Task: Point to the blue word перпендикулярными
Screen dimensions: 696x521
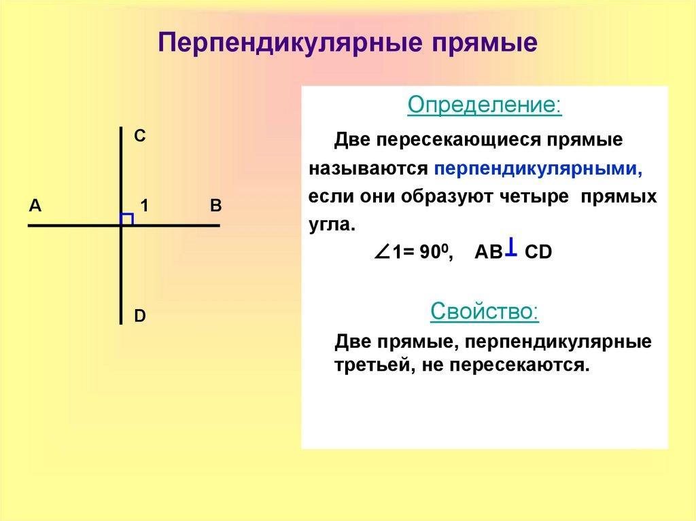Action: click(538, 170)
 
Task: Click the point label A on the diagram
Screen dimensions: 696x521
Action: click(35, 205)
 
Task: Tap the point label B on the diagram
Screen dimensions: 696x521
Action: click(215, 205)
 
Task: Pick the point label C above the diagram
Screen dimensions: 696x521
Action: click(140, 136)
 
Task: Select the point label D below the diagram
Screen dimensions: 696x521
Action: click(140, 316)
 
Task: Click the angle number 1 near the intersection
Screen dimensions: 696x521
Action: click(144, 205)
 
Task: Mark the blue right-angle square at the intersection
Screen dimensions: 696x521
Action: click(126, 219)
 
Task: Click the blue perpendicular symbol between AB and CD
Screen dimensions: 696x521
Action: click(511, 247)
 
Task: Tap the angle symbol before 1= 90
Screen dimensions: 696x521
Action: click(382, 252)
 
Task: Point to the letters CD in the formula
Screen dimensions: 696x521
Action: click(538, 252)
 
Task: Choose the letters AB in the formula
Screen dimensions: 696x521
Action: click(489, 252)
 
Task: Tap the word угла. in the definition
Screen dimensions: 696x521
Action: click(332, 225)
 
